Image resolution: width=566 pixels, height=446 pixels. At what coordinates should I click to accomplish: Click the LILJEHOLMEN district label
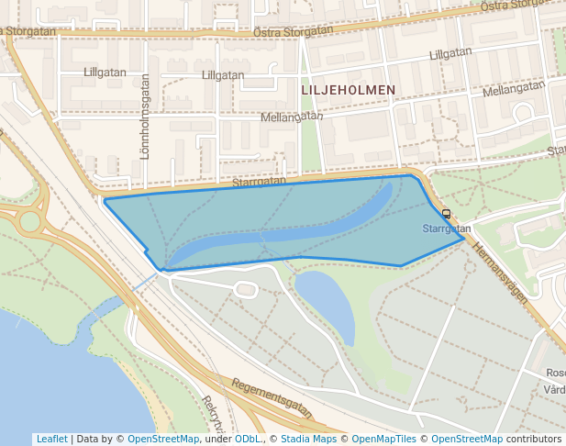click(x=348, y=90)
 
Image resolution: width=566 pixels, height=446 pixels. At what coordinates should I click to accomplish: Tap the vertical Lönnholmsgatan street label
click(x=145, y=117)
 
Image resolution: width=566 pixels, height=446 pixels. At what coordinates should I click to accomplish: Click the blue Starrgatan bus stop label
click(x=447, y=229)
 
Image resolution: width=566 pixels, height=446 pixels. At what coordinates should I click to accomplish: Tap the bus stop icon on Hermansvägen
click(x=447, y=214)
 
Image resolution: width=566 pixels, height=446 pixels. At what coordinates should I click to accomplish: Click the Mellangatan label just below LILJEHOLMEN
click(x=292, y=117)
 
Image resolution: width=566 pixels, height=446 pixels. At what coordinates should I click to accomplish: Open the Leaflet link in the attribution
click(x=51, y=439)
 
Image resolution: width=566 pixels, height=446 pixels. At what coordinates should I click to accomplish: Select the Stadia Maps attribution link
click(x=307, y=439)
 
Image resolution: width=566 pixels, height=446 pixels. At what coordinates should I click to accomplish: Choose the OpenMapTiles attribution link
click(x=383, y=439)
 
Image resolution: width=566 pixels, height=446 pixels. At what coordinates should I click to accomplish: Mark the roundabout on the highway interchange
click(x=29, y=221)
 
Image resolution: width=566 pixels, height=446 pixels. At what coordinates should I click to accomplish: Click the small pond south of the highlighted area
click(x=327, y=302)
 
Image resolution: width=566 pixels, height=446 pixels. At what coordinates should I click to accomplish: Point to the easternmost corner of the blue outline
click(x=463, y=241)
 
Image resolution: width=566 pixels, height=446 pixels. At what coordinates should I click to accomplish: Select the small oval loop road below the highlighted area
click(x=245, y=290)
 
